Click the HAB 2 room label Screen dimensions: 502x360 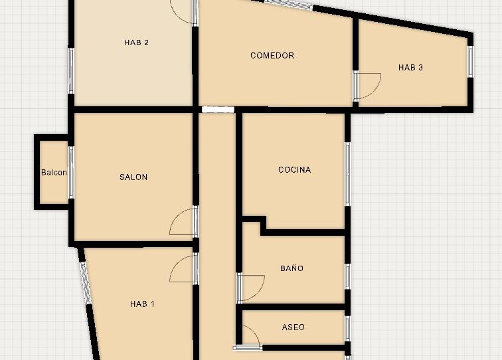pos(136,43)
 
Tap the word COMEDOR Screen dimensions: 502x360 pos(272,55)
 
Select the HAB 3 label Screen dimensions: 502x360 pos(410,68)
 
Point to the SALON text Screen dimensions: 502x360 pos(133,177)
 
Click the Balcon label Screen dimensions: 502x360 pos(54,173)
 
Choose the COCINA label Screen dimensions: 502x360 pos(295,170)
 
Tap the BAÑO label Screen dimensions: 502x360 pos(292,268)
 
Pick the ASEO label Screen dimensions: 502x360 pos(293,327)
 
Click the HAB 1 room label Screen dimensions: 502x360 pos(142,304)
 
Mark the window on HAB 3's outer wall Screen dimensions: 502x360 pos(470,62)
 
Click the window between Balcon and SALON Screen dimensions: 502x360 pos(71,172)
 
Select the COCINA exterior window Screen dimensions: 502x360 pos(347,174)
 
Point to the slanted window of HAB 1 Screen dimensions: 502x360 pos(85,282)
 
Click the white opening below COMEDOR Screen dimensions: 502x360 pos(218,110)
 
